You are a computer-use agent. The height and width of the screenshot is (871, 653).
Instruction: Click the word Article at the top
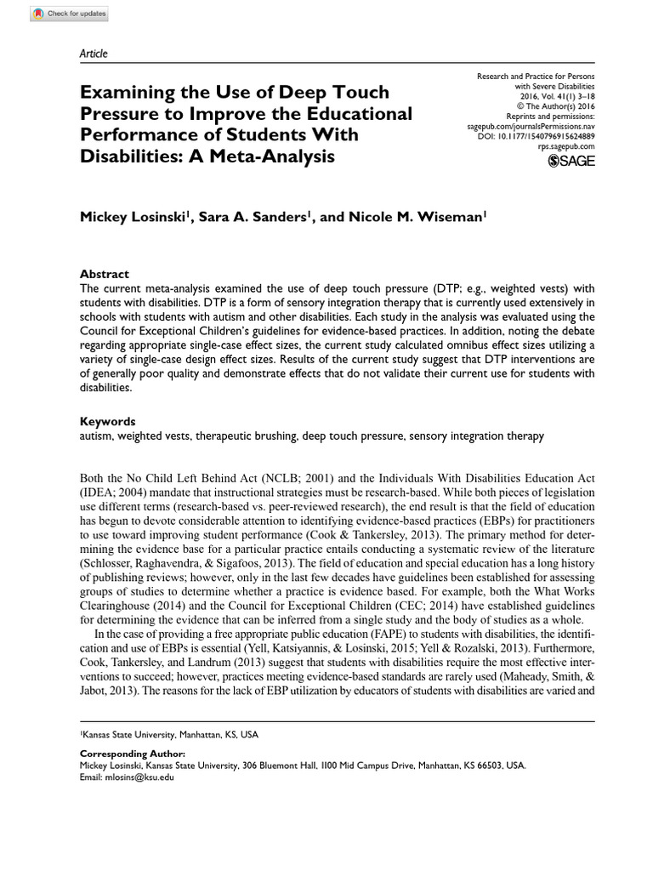[x=94, y=54]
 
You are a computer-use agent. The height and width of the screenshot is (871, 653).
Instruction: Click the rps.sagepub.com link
[x=567, y=146]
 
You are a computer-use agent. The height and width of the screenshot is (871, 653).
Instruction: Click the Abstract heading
[x=104, y=274]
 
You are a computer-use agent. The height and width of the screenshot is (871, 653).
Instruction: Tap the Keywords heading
[x=107, y=421]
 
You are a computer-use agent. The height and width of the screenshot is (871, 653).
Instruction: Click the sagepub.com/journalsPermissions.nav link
[x=531, y=125]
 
